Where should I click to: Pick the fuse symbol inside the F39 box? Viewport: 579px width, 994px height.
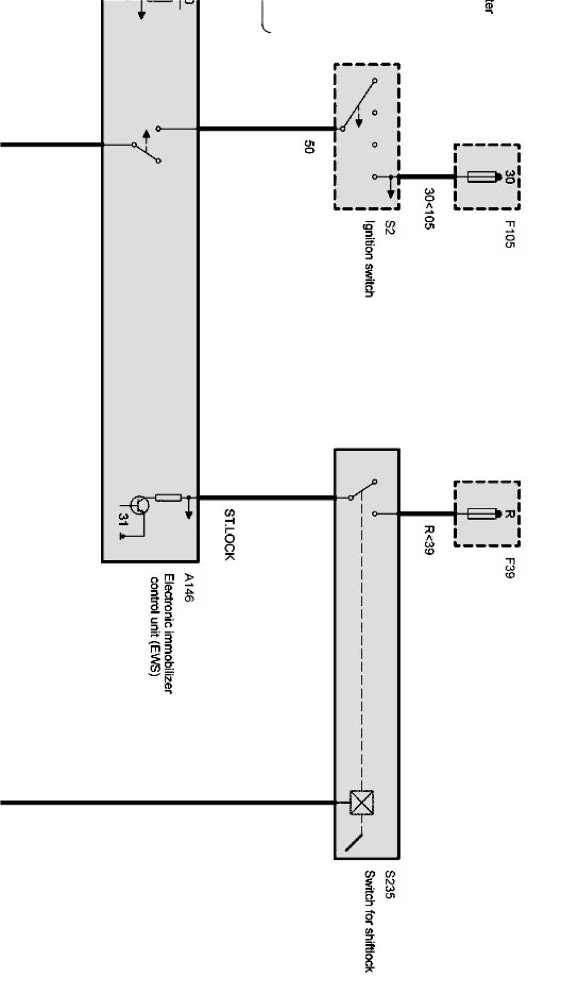click(484, 514)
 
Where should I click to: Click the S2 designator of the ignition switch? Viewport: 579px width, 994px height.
click(389, 228)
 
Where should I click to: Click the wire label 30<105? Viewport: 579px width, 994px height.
click(430, 208)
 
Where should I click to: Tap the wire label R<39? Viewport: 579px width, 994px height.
click(430, 540)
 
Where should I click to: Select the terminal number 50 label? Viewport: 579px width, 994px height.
click(309, 147)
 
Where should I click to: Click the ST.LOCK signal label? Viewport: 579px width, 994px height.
click(229, 534)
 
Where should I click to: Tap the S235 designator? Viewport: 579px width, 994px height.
click(389, 885)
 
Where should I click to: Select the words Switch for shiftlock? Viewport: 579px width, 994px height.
click(369, 920)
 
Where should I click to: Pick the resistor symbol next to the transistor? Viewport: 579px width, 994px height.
click(168, 498)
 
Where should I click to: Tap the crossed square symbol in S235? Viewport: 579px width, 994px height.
click(362, 802)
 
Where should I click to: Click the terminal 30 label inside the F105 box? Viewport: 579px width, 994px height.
click(509, 177)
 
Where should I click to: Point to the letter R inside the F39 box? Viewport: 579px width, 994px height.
click(509, 514)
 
